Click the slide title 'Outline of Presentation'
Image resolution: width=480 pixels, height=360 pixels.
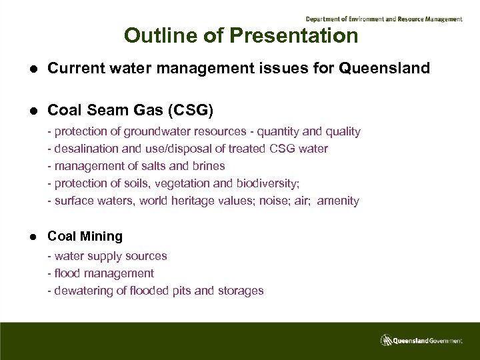click(241, 35)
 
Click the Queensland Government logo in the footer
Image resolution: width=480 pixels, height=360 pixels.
click(421, 340)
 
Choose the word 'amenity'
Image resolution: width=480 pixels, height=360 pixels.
click(338, 201)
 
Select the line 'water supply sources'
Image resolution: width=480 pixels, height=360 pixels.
click(110, 256)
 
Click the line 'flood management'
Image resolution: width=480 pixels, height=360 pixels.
click(103, 273)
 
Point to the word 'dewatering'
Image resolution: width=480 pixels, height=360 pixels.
click(84, 291)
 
